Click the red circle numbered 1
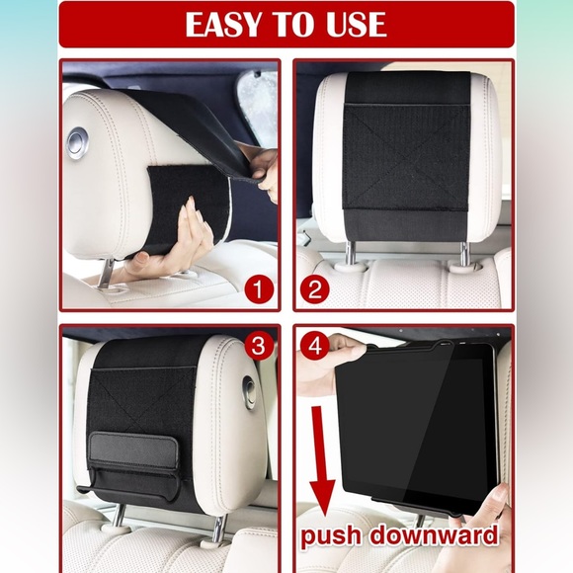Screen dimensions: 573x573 259,289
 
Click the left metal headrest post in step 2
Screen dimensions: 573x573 351,254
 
